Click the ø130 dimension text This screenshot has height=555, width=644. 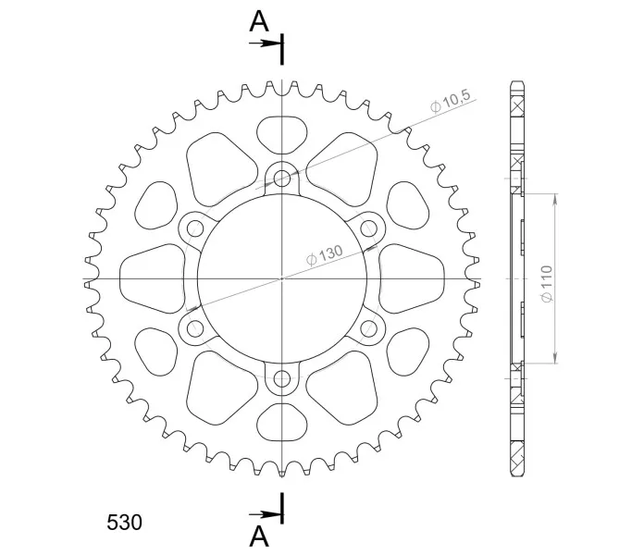pyautogui.click(x=324, y=255)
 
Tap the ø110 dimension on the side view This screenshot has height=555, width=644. pyautogui.click(x=547, y=283)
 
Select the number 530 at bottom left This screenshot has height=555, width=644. pyautogui.click(x=124, y=523)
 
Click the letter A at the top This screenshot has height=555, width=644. pyautogui.click(x=259, y=22)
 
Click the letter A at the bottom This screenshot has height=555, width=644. pyautogui.click(x=259, y=536)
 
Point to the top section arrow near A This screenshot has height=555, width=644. pyautogui.click(x=265, y=43)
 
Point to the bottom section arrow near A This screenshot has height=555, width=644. pyautogui.click(x=265, y=514)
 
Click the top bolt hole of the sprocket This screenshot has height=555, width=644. pyautogui.click(x=281, y=178)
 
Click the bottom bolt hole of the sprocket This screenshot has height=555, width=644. pyautogui.click(x=281, y=378)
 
